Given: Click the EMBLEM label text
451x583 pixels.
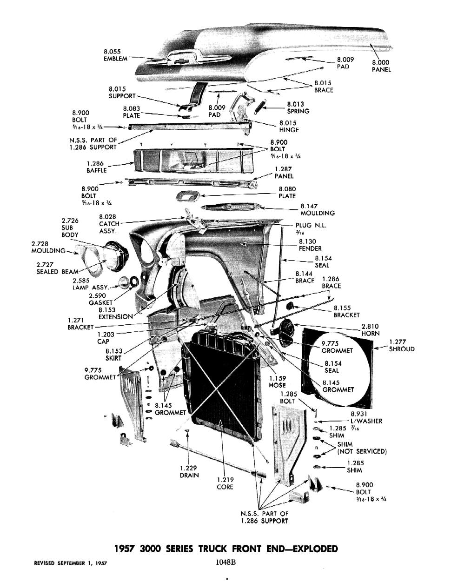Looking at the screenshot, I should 115,59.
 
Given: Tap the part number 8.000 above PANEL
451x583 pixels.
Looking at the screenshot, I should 381,62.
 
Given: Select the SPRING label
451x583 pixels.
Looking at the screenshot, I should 298,111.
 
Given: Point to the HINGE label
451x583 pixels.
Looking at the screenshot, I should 288,130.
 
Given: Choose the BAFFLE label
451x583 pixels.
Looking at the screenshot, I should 96,170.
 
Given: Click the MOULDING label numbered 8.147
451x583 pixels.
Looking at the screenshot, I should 318,213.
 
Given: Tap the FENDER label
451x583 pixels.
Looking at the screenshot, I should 310,248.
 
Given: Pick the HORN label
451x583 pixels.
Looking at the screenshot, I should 371,333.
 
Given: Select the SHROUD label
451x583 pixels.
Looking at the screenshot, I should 402,349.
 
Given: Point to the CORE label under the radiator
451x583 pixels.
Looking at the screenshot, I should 225,487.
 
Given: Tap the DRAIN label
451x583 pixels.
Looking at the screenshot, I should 189,475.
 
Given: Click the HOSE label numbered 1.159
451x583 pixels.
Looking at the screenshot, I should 277,385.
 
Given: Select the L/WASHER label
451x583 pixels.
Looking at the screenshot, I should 366,421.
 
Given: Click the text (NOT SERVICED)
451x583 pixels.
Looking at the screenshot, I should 362,451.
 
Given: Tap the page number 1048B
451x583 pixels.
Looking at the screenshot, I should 226,562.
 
